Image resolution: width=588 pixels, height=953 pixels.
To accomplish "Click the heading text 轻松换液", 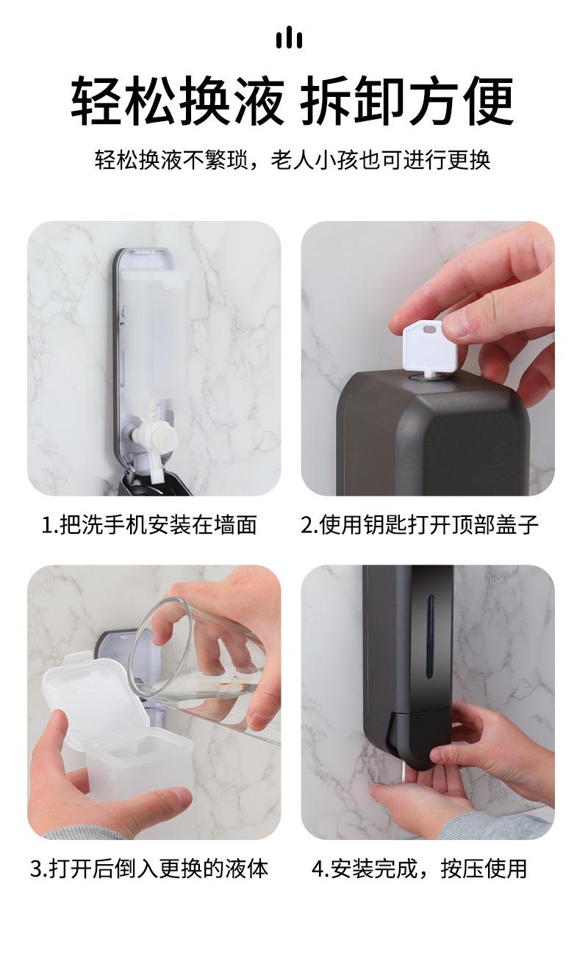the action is coord(178,101).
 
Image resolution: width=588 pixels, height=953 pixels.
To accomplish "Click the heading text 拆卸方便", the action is coord(407,101).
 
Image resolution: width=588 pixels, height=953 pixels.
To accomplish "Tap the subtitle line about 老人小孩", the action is coord(293,160).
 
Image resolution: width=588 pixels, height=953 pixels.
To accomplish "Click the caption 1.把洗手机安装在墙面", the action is coord(149,524).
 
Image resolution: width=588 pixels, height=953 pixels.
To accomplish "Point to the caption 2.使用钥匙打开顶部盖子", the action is coord(420,524).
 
